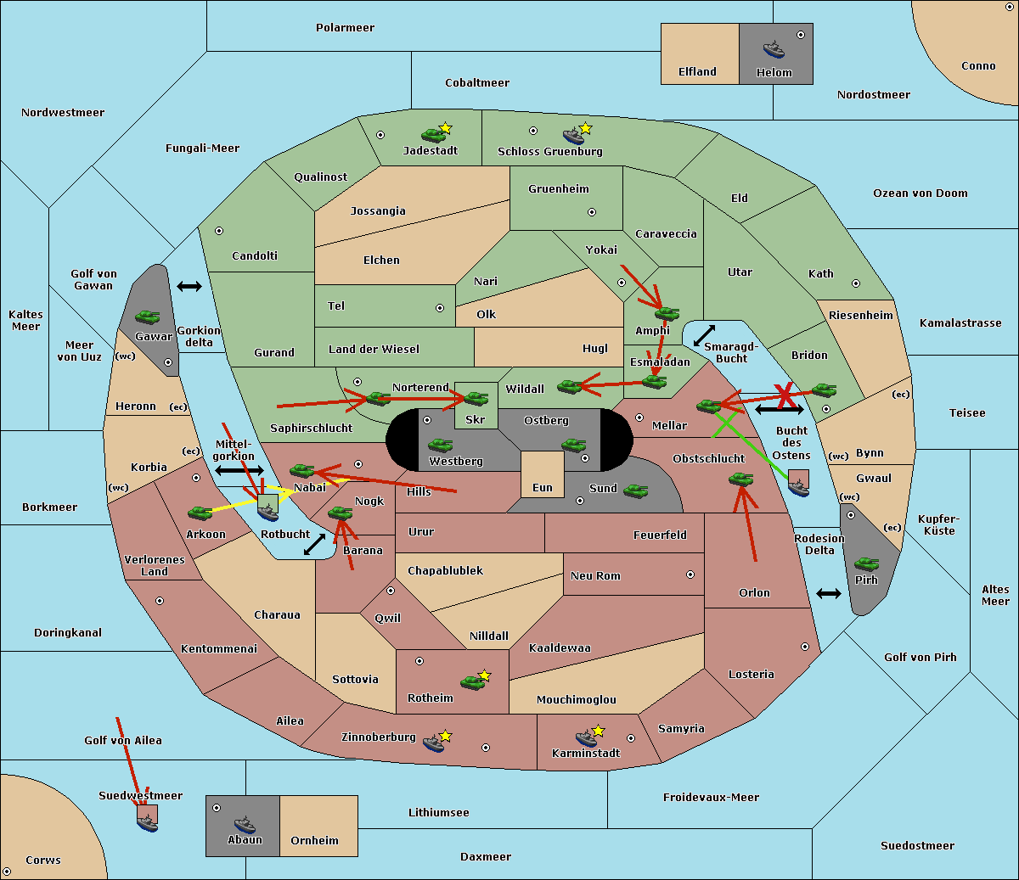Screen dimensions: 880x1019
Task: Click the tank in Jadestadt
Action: [x=433, y=134]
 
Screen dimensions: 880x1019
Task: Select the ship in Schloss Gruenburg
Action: [x=574, y=136]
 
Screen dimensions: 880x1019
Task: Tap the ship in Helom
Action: [x=774, y=48]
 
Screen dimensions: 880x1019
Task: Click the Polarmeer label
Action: [x=345, y=28]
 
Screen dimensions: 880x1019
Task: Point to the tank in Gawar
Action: [x=147, y=317]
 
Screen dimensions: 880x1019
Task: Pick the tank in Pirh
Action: [x=866, y=563]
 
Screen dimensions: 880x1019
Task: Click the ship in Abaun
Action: [x=245, y=824]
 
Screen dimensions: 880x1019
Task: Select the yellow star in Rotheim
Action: [x=485, y=675]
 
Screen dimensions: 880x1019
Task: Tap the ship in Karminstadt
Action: [x=586, y=737]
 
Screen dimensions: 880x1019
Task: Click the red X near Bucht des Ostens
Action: [x=785, y=395]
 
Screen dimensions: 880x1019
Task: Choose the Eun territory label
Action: [x=543, y=488]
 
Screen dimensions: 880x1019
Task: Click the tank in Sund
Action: [x=635, y=490]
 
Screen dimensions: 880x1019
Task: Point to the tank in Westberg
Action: [x=440, y=445]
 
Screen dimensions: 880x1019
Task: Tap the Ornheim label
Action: [x=314, y=841]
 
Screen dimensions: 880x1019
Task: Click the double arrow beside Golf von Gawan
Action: [x=189, y=287]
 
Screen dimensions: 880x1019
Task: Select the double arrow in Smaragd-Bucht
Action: [x=705, y=336]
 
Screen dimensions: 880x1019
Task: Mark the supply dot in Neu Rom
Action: [x=690, y=575]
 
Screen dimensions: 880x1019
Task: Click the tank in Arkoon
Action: [x=200, y=513]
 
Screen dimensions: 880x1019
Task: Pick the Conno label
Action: [x=978, y=66]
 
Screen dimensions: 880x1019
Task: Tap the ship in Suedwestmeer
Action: [x=148, y=821]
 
